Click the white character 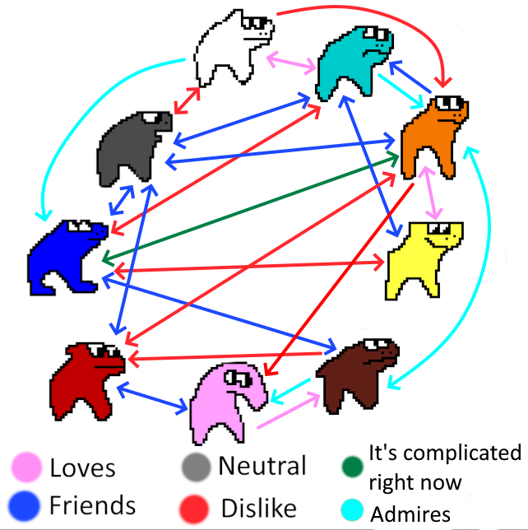tap(230, 49)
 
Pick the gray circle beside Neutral tap(197, 467)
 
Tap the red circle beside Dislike tap(197, 504)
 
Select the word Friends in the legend tap(93, 503)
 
